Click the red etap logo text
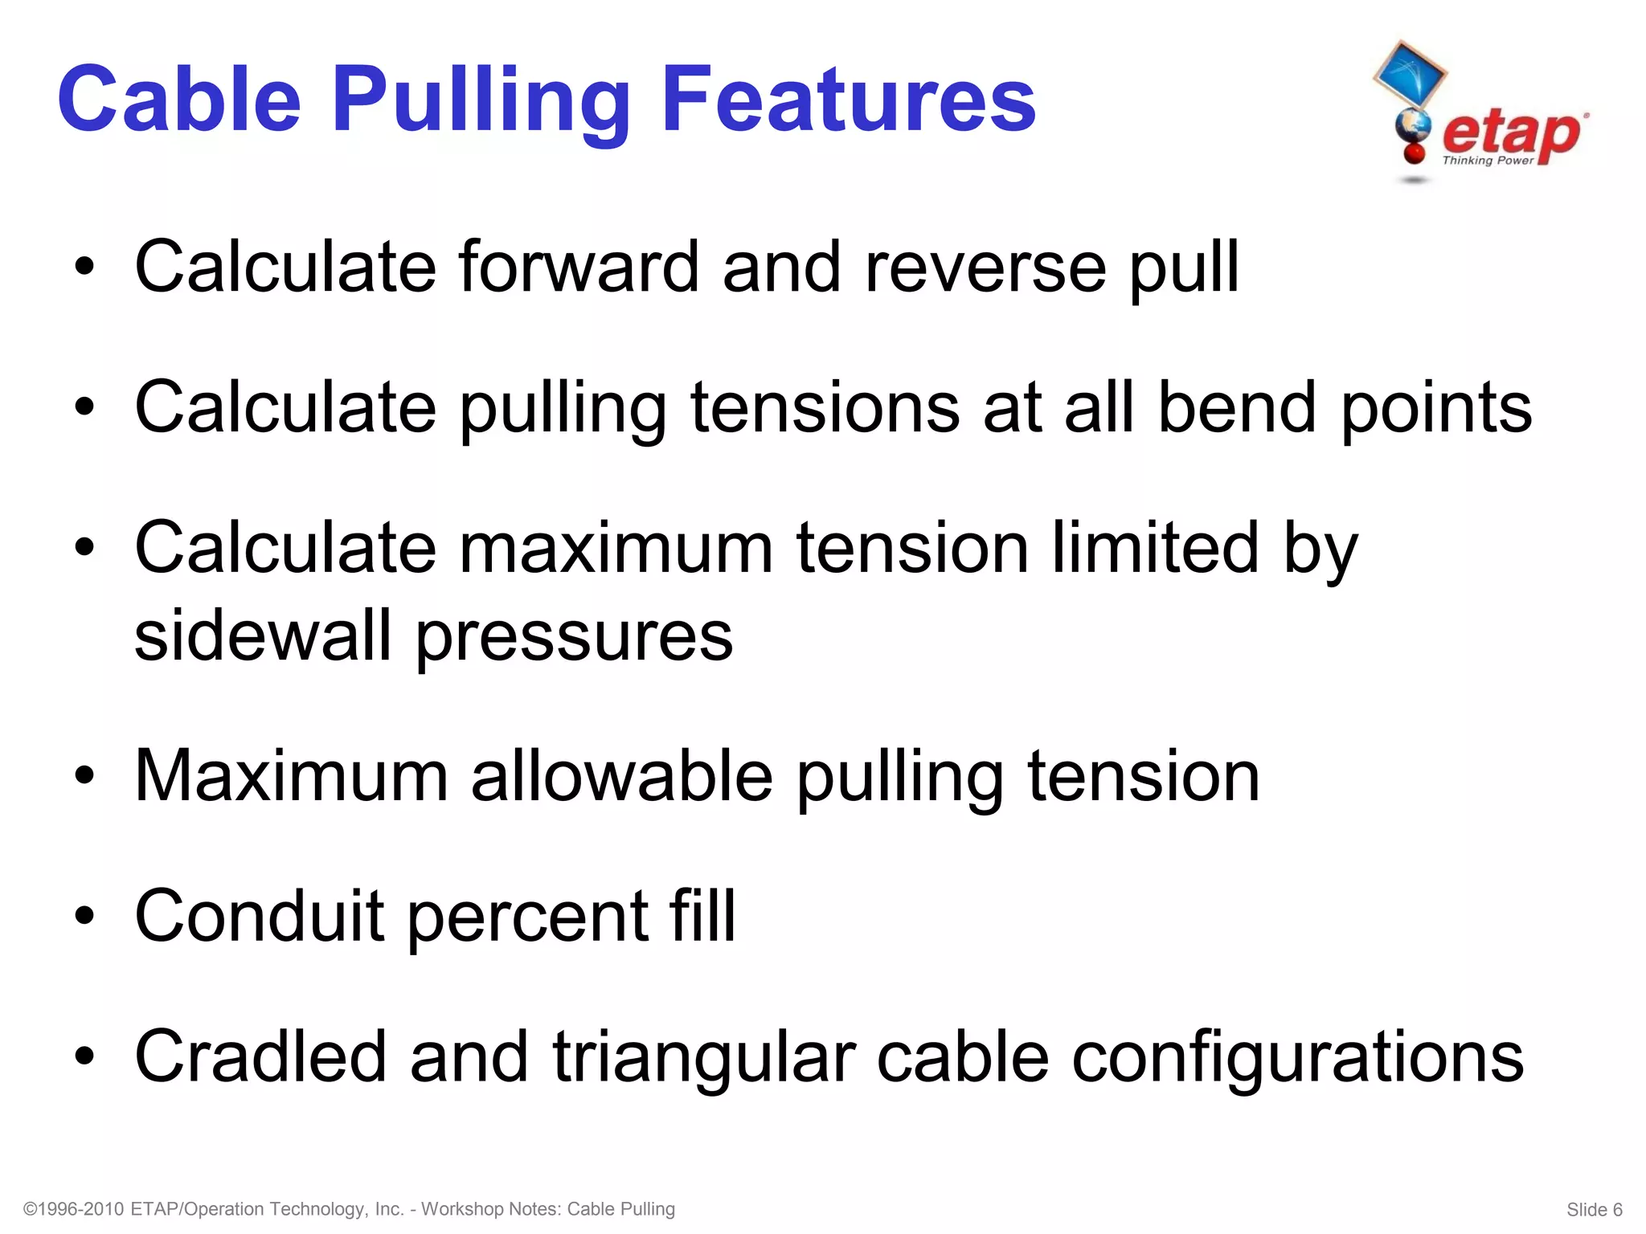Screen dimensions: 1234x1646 [1512, 133]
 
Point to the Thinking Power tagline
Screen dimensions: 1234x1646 [1488, 161]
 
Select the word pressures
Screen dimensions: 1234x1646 [574, 639]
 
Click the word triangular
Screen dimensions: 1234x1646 [703, 1060]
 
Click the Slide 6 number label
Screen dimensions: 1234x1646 [1595, 1210]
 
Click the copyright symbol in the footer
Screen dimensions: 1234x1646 [31, 1209]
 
